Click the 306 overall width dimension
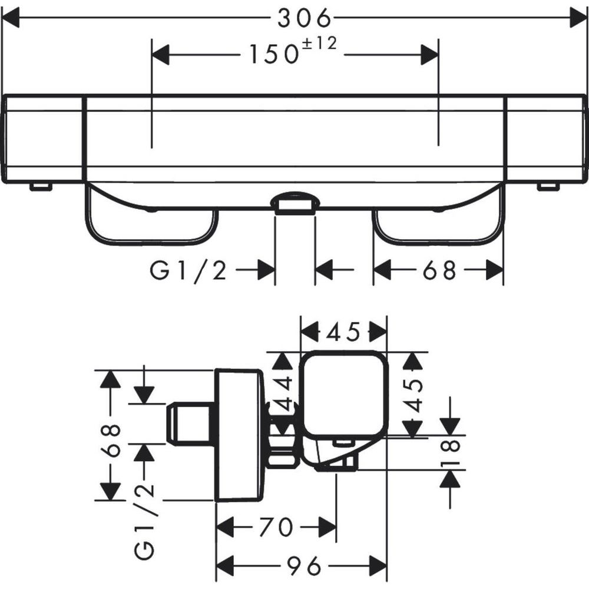tap(305, 18)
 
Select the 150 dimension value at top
tap(273, 54)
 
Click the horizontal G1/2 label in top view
tap(188, 270)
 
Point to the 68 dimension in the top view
tap(439, 270)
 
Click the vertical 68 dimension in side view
tap(111, 440)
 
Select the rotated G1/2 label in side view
tap(145, 522)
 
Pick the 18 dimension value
tap(451, 452)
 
